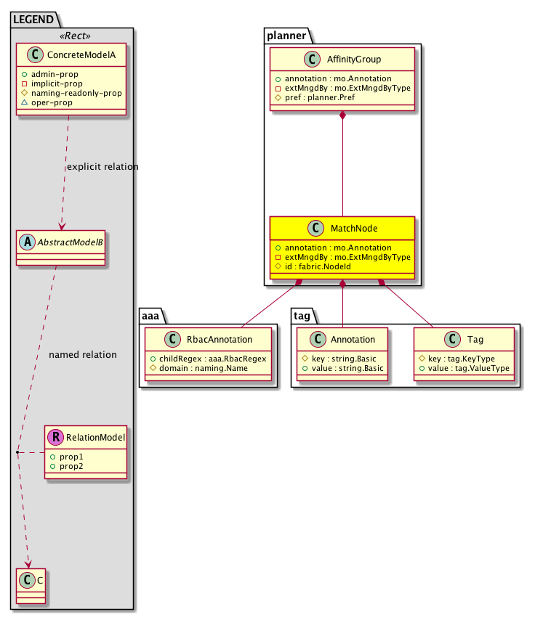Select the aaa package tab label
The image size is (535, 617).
[152, 315]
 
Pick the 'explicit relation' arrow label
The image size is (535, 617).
[102, 167]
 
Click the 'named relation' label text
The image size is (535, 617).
[82, 355]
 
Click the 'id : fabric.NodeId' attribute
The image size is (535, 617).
[313, 266]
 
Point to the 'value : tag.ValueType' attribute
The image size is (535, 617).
[464, 368]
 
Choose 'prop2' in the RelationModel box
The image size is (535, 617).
[71, 465]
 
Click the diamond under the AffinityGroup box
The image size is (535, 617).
[342, 117]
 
